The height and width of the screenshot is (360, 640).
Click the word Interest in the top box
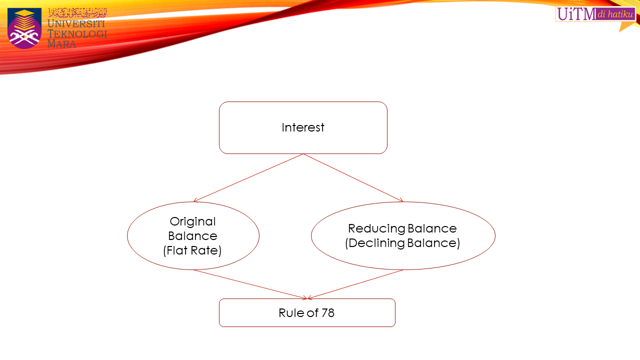[x=303, y=127]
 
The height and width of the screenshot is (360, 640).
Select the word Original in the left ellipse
[x=192, y=221]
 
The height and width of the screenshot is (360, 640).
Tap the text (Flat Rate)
[x=192, y=250]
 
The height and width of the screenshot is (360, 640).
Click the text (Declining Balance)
[x=402, y=243]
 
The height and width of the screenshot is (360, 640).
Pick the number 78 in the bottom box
[x=327, y=313]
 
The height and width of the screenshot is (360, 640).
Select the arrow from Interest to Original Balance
[x=248, y=177]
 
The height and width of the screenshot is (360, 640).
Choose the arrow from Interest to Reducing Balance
[x=353, y=177]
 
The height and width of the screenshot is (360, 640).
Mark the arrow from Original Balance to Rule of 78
[x=250, y=284]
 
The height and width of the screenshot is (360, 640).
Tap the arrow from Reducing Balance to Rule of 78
[x=355, y=284]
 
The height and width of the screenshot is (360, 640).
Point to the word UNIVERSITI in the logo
[x=76, y=23]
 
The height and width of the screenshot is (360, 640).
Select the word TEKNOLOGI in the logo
[x=77, y=34]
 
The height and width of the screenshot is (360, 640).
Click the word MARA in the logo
[x=62, y=44]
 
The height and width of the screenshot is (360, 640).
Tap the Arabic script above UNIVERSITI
[x=77, y=12]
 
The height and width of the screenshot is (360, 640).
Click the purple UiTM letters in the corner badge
[x=576, y=14]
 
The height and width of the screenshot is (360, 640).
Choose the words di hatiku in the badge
[x=615, y=14]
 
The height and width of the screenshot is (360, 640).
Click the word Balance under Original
[x=192, y=236]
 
